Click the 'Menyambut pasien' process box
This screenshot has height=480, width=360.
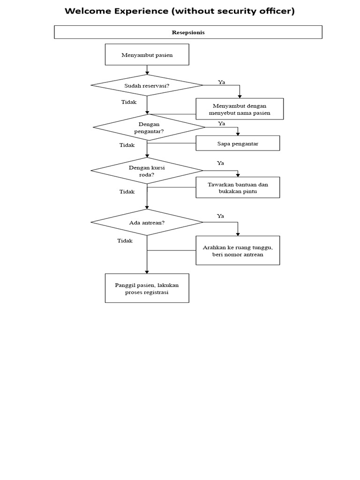[x=147, y=55]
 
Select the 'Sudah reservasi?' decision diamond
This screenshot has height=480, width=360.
[x=147, y=85]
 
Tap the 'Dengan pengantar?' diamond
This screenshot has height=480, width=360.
[x=149, y=127]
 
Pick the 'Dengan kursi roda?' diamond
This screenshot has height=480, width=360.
[x=147, y=171]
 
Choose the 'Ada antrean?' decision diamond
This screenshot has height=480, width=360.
[x=147, y=222]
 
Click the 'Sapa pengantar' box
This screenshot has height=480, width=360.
[x=238, y=143]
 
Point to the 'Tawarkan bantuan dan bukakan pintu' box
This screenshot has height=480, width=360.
[x=238, y=187]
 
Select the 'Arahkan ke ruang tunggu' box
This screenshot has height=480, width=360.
[x=238, y=251]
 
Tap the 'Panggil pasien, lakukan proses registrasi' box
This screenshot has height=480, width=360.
[x=147, y=288]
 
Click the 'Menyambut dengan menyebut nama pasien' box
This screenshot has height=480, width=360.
[x=240, y=109]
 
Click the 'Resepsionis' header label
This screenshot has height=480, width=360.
[x=188, y=32]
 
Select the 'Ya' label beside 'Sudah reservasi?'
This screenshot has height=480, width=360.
[x=222, y=82]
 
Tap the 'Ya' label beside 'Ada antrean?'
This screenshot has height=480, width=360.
[x=220, y=216]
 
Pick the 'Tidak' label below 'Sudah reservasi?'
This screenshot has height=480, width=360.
[x=129, y=102]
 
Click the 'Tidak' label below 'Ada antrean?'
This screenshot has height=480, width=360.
[x=125, y=240]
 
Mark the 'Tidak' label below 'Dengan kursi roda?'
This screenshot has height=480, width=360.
[x=127, y=191]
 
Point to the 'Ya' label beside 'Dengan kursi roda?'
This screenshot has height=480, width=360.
[x=220, y=163]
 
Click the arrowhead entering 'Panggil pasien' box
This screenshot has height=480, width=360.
[x=147, y=271]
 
